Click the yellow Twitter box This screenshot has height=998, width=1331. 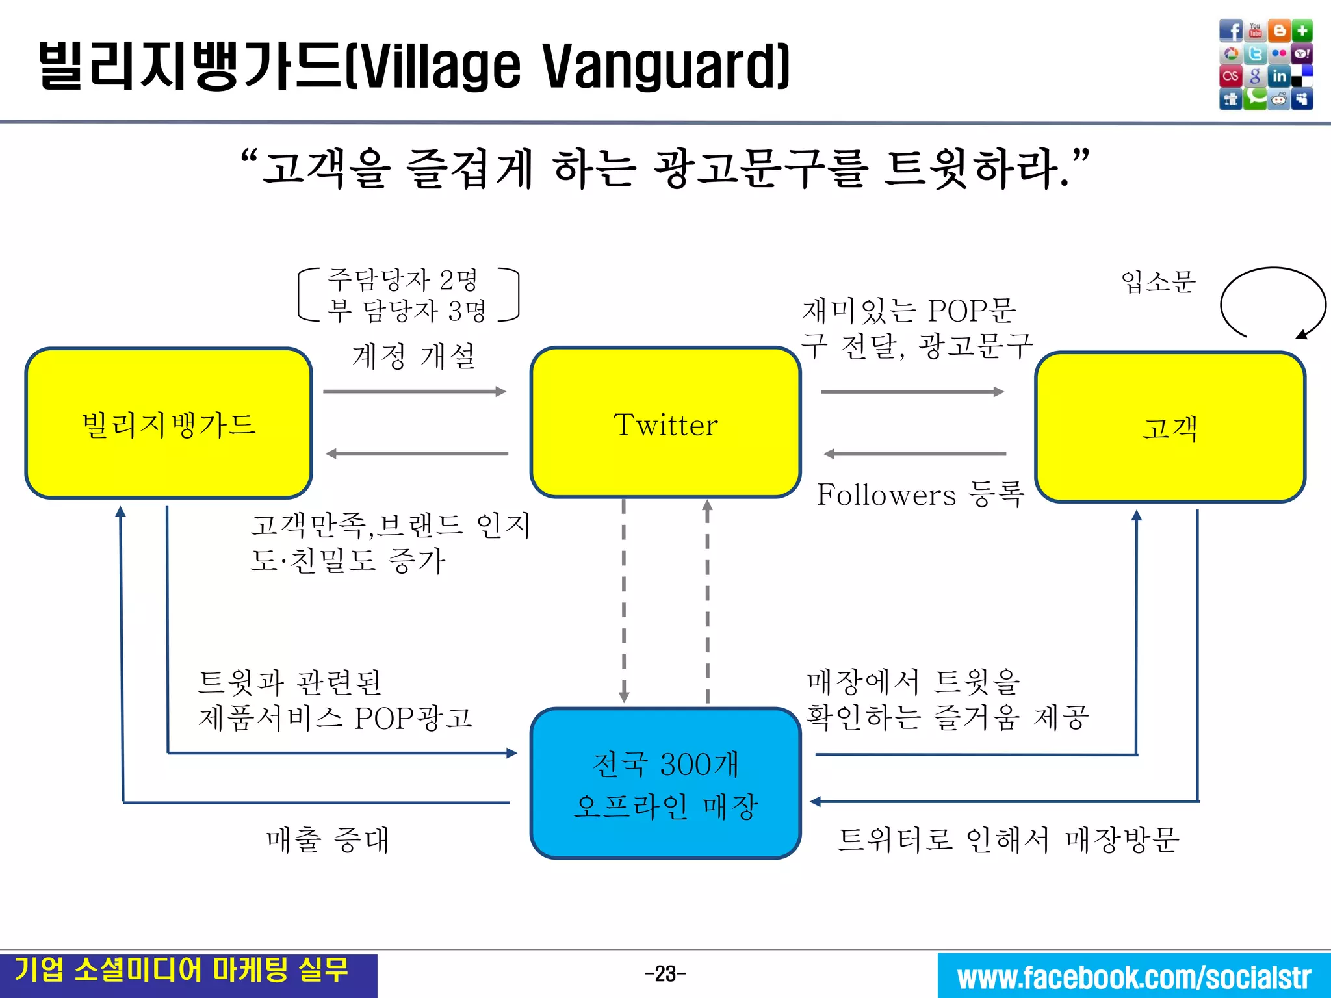click(x=665, y=424)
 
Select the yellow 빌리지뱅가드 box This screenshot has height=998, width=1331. click(x=168, y=424)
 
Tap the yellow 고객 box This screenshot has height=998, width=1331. click(x=1170, y=428)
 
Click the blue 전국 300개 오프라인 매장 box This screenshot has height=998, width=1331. click(x=665, y=784)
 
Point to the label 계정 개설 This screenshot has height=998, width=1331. click(x=414, y=356)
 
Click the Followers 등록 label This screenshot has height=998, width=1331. click(x=920, y=494)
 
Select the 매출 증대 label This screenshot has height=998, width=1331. click(x=328, y=839)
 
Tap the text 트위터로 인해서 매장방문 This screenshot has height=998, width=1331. click(x=1008, y=839)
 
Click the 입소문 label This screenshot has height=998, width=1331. click(x=1158, y=282)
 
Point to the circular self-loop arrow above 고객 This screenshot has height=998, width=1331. click(x=1272, y=303)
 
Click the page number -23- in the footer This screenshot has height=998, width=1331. click(x=665, y=974)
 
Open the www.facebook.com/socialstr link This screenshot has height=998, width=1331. click(x=1134, y=977)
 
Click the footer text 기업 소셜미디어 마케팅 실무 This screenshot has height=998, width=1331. click(x=181, y=970)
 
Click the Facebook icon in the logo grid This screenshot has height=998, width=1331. click(x=1230, y=31)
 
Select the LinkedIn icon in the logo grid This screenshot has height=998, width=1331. click(x=1279, y=76)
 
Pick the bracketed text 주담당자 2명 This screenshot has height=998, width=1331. click(x=403, y=280)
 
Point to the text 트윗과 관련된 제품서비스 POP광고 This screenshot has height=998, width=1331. click(x=335, y=700)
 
